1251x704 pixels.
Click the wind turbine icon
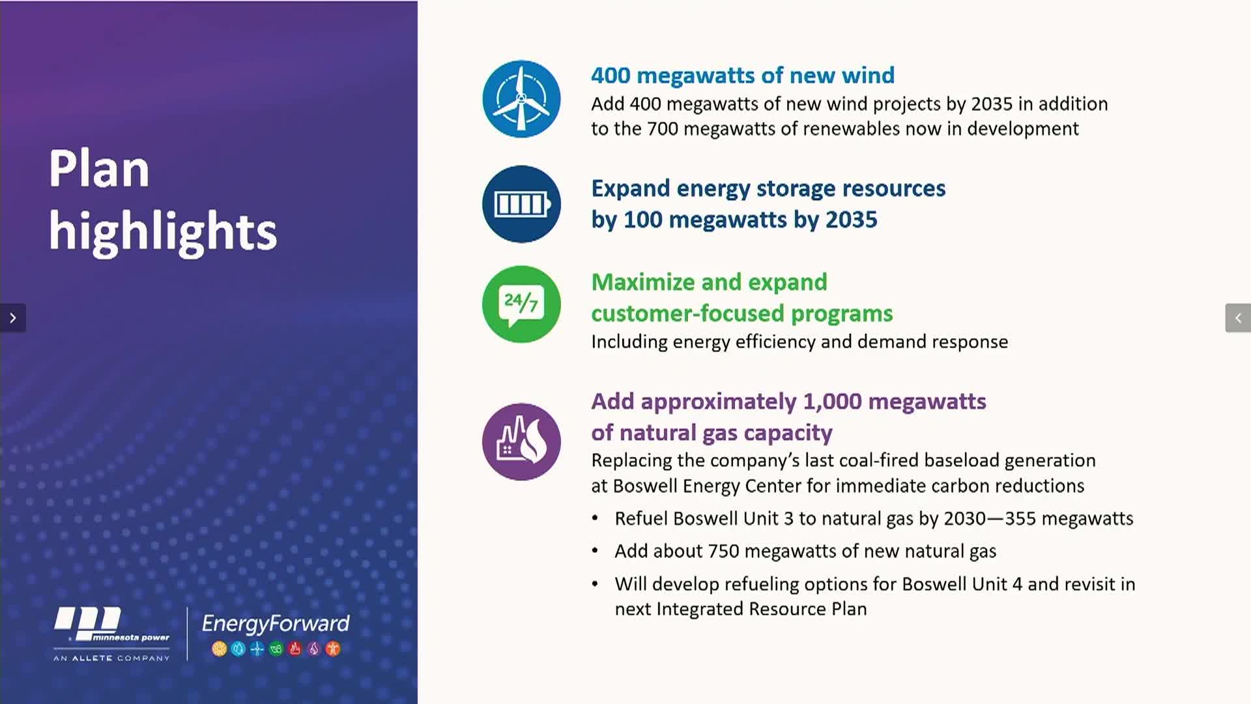click(x=521, y=99)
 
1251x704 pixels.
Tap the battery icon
click(x=521, y=204)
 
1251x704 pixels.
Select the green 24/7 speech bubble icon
click(x=521, y=304)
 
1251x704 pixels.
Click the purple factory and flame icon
click(x=521, y=442)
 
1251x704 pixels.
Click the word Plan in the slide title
click(x=99, y=169)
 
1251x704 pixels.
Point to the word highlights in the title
click(x=163, y=231)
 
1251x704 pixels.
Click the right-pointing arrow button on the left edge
click(x=12, y=318)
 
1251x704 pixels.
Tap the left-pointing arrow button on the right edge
click(x=1238, y=318)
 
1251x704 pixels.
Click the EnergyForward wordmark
click(x=276, y=624)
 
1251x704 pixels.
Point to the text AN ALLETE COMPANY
click(x=111, y=658)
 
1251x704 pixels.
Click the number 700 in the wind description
click(x=663, y=129)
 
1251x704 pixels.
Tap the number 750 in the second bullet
click(x=723, y=551)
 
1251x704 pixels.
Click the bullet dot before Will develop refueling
click(x=595, y=584)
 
